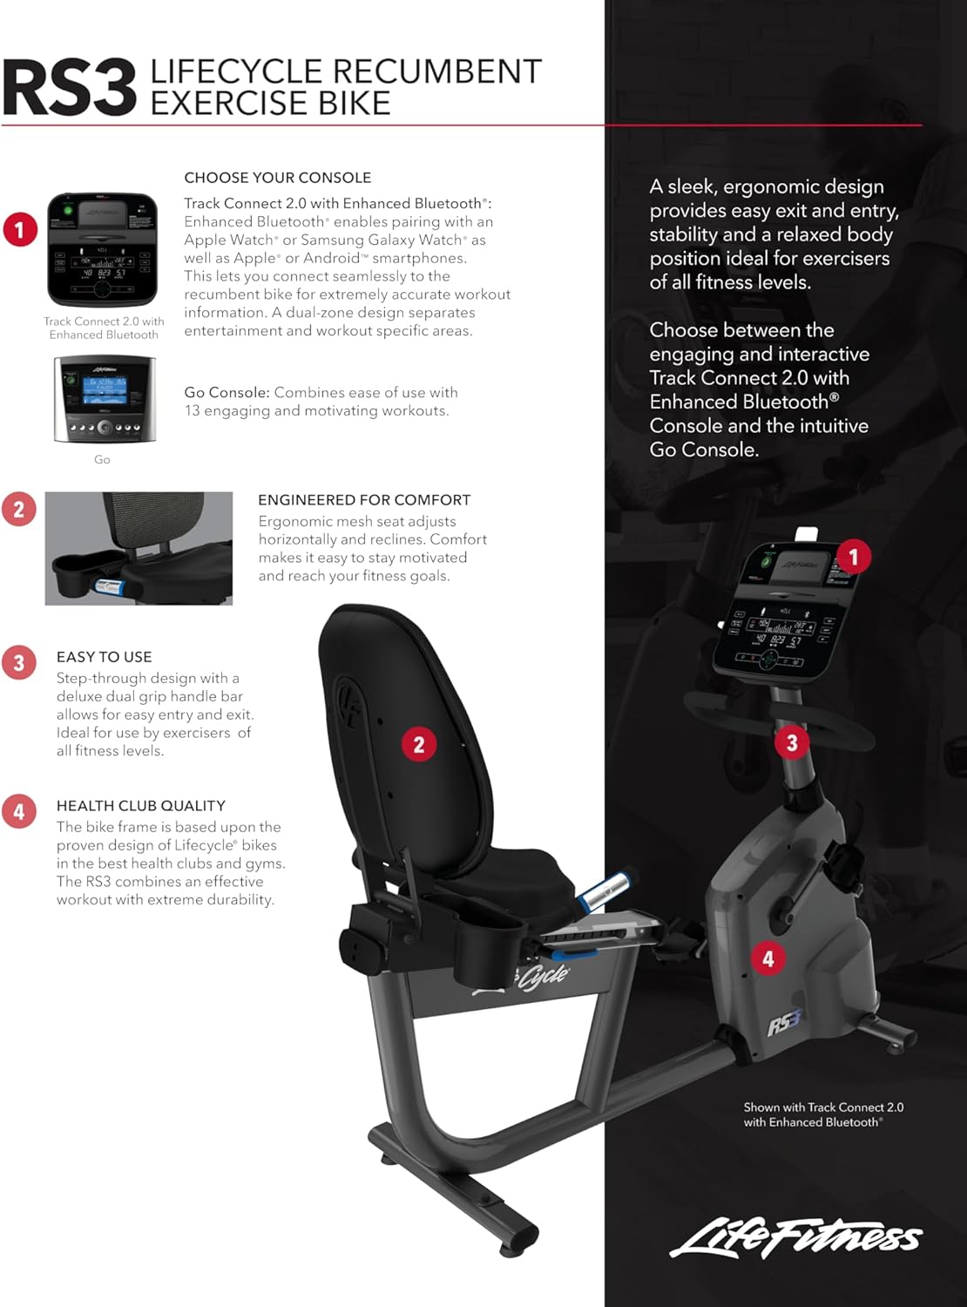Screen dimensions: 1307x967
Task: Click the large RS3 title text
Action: coord(69,88)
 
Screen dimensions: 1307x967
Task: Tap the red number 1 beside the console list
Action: coord(20,230)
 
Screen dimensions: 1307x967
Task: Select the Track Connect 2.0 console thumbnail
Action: coord(103,249)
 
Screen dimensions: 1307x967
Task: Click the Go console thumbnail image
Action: coord(103,400)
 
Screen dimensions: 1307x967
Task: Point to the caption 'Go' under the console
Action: coord(102,459)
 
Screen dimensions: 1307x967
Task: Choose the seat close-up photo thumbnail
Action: coord(139,548)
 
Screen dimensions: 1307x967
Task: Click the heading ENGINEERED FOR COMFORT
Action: coord(364,500)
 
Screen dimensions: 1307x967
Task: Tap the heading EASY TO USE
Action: coord(104,657)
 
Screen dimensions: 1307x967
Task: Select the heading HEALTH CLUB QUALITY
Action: coord(141,806)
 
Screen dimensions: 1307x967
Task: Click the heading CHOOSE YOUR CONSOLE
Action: coord(277,178)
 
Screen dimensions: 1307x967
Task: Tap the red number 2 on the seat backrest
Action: coord(419,744)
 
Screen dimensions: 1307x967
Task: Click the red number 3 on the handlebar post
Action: coord(792,743)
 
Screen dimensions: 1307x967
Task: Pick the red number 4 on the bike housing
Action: coord(768,959)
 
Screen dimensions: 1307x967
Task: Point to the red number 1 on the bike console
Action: coord(853,556)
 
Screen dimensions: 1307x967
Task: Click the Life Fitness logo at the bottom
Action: coord(795,1237)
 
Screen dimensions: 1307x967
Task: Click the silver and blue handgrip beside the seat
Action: coord(605,890)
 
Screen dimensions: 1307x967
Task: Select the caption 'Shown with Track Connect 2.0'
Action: coord(822,1107)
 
